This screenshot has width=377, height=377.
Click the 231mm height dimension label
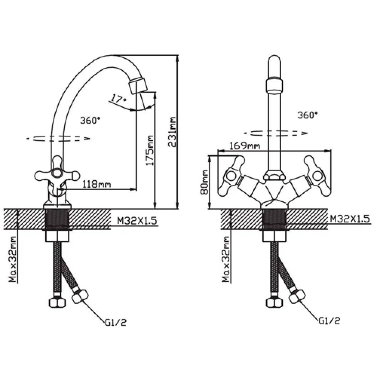tap(172, 132)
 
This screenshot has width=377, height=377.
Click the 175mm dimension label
tap(150, 151)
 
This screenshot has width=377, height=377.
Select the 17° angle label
tap(118, 98)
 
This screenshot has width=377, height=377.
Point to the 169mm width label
tap(245, 146)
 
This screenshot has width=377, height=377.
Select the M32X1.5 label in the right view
tap(350, 219)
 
